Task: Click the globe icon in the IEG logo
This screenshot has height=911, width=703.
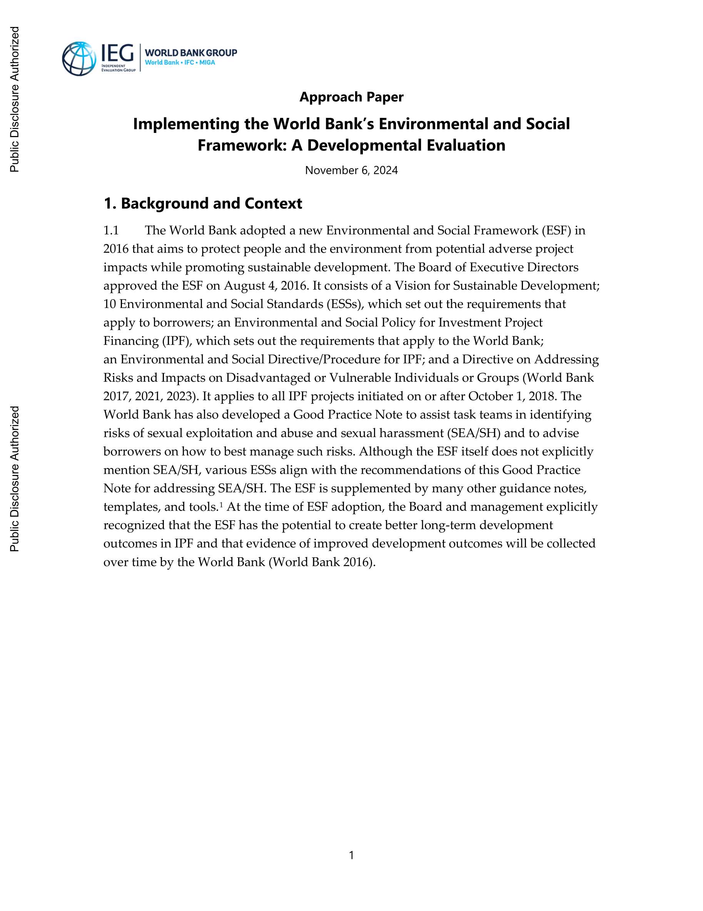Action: pyautogui.click(x=79, y=59)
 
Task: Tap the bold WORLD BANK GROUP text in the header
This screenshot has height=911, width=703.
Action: pyautogui.click(x=191, y=52)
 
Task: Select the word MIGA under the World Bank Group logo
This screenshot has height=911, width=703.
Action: pyautogui.click(x=207, y=62)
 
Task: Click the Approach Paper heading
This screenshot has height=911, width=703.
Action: pyautogui.click(x=351, y=97)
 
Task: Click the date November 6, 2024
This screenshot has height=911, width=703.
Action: pyautogui.click(x=351, y=170)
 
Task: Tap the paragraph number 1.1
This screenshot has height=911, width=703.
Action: pyautogui.click(x=111, y=231)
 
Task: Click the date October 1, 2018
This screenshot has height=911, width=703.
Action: pyautogui.click(x=512, y=396)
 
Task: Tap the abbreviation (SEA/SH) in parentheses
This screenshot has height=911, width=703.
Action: pyautogui.click(x=474, y=433)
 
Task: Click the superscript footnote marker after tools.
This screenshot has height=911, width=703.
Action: pyautogui.click(x=221, y=505)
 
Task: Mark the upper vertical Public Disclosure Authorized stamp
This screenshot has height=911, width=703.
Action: pyautogui.click(x=15, y=99)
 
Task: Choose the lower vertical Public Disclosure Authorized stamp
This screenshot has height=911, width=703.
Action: pyautogui.click(x=15, y=478)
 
